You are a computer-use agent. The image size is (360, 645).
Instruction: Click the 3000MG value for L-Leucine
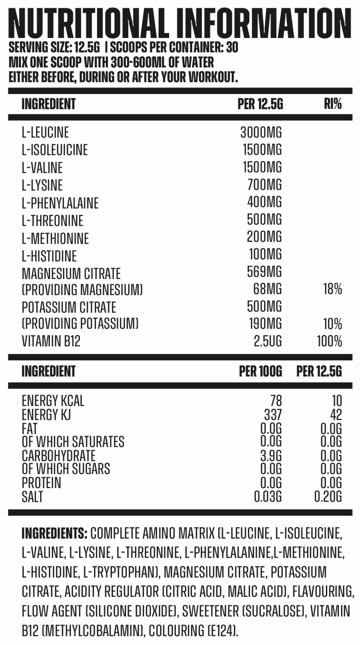pos(261,132)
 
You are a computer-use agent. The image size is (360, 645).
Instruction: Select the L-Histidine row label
pos(49,256)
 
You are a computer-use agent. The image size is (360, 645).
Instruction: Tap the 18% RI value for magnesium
pos(333,289)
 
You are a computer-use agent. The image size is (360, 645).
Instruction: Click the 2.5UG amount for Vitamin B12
pos(268,341)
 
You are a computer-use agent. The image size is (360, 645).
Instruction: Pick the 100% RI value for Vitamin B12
pos(329,341)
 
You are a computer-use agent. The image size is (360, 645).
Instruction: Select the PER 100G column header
pos(261,371)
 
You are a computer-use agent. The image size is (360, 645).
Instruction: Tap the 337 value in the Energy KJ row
pos(273,414)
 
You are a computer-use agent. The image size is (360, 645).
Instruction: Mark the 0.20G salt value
pos(328,497)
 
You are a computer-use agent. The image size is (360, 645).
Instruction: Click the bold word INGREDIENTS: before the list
pos(55,533)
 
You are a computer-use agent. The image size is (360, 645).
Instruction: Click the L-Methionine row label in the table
pos(55,239)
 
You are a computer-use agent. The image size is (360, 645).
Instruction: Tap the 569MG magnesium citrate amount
pos(264,272)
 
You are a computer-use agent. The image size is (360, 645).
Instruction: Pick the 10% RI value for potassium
pos(333,324)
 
